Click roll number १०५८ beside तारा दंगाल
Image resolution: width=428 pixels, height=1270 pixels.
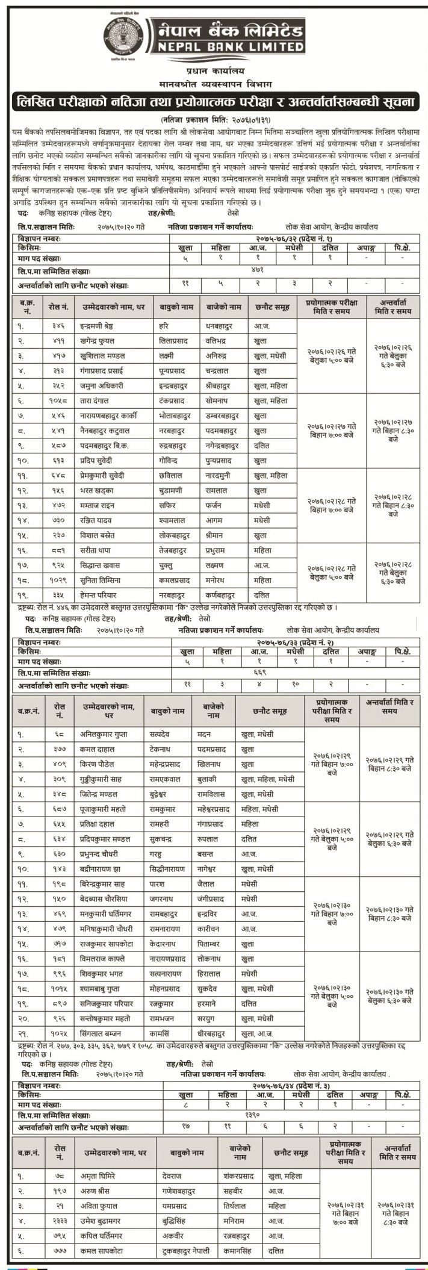(x=59, y=400)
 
